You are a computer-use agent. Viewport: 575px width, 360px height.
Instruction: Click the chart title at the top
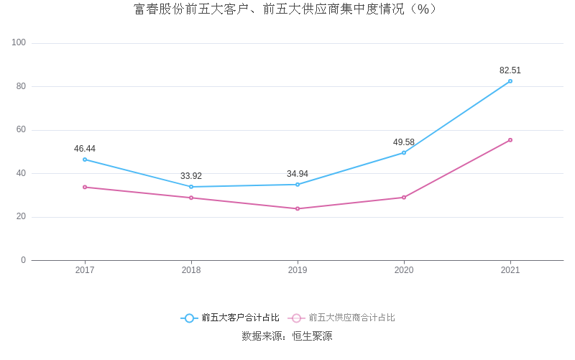click(285, 9)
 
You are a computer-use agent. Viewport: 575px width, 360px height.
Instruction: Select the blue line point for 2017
click(85, 160)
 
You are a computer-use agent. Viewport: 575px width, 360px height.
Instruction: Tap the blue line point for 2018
click(191, 187)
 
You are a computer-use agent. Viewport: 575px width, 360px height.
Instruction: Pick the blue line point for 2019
click(298, 185)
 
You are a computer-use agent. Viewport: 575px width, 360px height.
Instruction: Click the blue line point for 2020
click(404, 152)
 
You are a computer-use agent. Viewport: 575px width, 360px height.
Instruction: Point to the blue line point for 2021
click(510, 81)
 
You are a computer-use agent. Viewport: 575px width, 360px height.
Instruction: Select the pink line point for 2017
click(85, 187)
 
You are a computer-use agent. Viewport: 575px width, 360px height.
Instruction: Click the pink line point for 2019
click(298, 208)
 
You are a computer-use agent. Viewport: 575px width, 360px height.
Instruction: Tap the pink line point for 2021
click(510, 140)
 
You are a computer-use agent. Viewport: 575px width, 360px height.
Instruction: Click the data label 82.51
click(510, 70)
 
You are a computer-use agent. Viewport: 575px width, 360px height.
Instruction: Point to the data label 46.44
click(85, 149)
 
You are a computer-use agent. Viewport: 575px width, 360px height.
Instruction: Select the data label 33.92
click(191, 176)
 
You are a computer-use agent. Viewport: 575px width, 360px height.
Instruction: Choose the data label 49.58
click(404, 142)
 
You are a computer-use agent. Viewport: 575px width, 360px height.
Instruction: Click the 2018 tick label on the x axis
click(191, 270)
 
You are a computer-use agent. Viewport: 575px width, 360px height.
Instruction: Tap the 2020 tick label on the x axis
click(404, 270)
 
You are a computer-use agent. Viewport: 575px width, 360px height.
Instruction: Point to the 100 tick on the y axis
click(19, 43)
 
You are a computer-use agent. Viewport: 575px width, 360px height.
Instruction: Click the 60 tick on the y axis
click(21, 130)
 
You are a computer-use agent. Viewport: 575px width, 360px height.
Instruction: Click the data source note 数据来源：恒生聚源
click(287, 336)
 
